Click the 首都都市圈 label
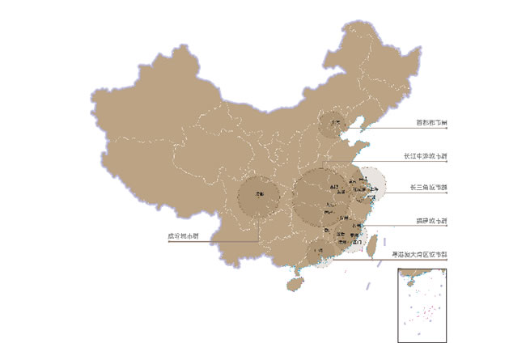click(x=431, y=124)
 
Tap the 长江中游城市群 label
click(x=425, y=155)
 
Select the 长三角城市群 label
click(x=428, y=188)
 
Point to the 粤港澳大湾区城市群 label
click(x=419, y=254)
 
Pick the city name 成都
click(x=260, y=195)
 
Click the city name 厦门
click(x=357, y=241)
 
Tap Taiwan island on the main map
click(x=374, y=239)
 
